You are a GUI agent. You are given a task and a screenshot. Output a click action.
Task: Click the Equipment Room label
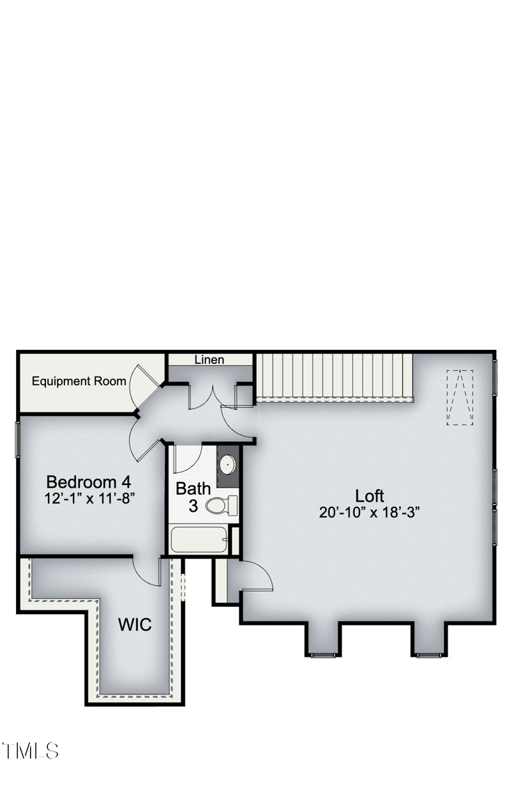[x=79, y=382]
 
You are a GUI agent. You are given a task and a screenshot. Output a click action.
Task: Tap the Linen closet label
[x=210, y=360]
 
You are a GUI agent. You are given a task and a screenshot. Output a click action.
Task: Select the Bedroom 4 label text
[x=89, y=482]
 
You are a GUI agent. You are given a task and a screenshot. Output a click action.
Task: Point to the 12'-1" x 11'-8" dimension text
[x=89, y=498]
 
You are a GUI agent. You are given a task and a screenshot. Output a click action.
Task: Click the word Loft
[x=370, y=496]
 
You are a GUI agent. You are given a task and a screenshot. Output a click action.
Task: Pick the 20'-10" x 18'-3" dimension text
[x=370, y=512]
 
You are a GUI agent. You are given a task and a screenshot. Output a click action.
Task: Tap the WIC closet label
[x=135, y=624]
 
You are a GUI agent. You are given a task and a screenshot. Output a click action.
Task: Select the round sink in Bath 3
[x=227, y=464]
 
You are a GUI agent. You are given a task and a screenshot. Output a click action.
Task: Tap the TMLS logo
[x=31, y=751]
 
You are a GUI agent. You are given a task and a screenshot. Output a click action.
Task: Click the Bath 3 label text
[x=193, y=497]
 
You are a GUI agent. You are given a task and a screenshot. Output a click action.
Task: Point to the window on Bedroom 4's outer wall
[x=17, y=438]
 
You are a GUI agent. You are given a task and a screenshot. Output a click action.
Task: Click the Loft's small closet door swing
[x=257, y=574]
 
